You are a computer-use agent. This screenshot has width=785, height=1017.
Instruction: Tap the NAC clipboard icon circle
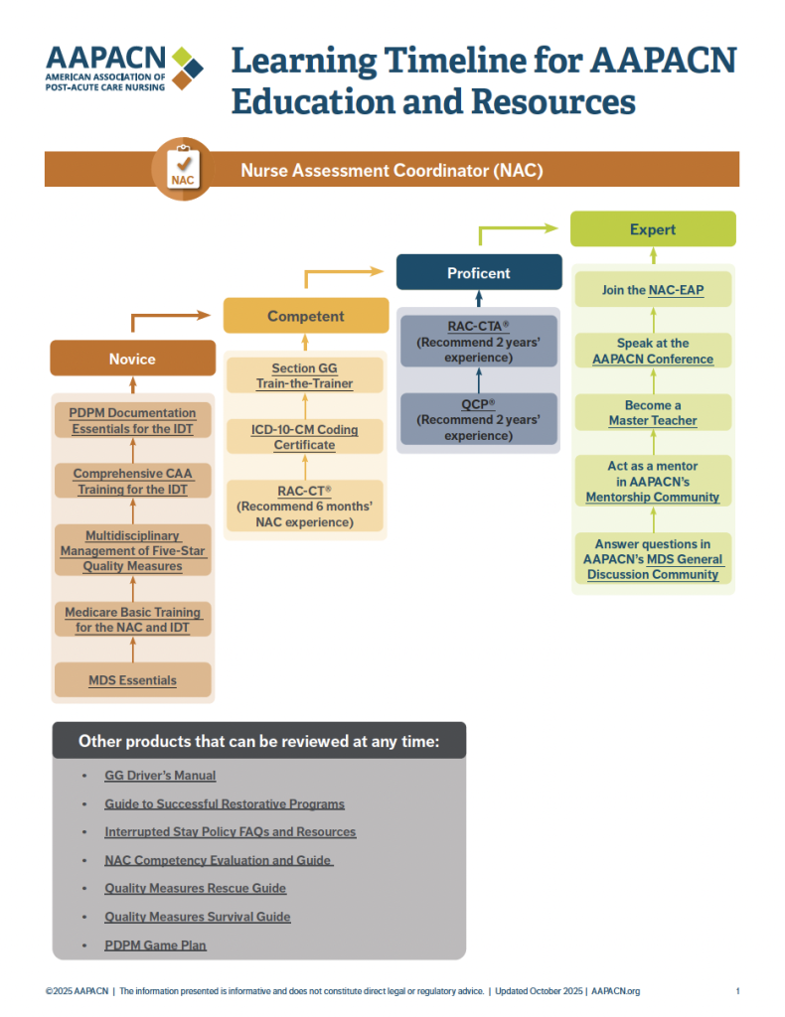tap(181, 168)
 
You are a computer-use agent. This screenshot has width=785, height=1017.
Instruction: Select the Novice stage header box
tap(132, 359)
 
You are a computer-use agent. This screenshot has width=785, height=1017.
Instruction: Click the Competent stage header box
tap(305, 316)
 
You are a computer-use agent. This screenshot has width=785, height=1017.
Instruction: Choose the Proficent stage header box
tap(479, 272)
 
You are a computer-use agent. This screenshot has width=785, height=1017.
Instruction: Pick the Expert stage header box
tap(652, 229)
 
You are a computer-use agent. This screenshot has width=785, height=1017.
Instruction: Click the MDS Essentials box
tap(132, 680)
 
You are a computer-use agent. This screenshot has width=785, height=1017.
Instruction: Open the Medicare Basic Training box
tap(132, 620)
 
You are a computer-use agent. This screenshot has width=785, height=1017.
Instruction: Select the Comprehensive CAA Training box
tap(132, 482)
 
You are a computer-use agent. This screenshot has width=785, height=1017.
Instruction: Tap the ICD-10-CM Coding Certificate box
tap(305, 437)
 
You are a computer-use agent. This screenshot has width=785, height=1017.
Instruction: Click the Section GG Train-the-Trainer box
tap(305, 375)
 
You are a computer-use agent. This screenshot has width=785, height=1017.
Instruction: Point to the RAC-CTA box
tap(479, 341)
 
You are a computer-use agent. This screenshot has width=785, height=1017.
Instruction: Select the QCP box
tap(479, 419)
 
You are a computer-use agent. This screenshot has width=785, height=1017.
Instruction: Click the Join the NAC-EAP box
tap(653, 290)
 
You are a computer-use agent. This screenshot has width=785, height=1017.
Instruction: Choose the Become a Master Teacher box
tap(653, 413)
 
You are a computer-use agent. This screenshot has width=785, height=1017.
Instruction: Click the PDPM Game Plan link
tap(155, 945)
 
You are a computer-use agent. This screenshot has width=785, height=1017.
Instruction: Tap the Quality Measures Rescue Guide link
tap(195, 888)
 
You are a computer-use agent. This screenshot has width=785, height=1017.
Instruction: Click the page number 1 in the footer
tap(737, 991)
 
